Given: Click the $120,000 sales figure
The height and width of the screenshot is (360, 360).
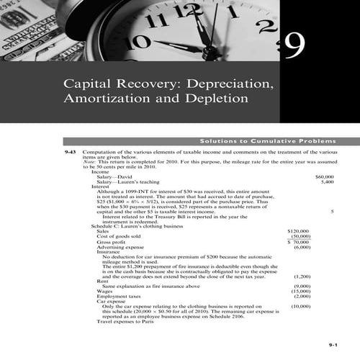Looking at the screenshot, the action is tap(299, 231).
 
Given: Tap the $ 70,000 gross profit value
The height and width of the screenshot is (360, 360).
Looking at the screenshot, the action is tap(299, 242).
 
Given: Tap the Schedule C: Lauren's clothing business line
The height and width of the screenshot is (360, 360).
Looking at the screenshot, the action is tap(138, 225).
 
